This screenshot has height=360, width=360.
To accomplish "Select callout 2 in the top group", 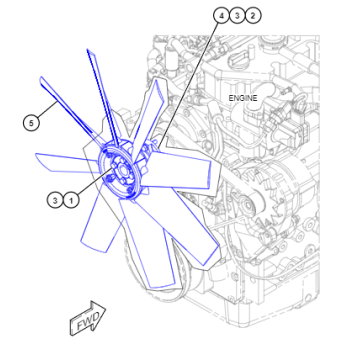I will pos(253,16).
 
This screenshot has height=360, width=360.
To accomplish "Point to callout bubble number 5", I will pos(31,122).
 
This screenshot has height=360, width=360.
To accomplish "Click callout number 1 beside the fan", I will pos(71,200).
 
